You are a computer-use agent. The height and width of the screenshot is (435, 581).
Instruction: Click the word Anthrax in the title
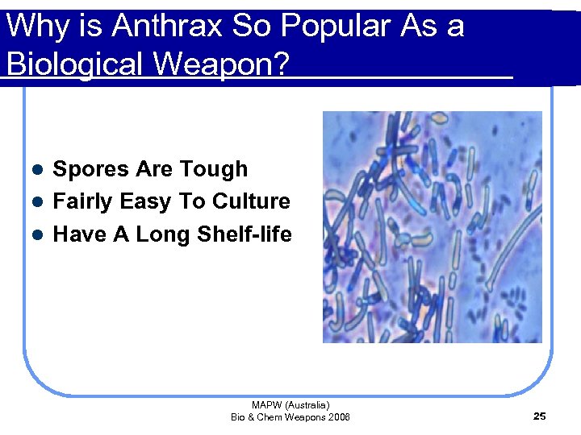coord(167,27)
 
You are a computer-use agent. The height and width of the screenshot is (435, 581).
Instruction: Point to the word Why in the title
coord(32,27)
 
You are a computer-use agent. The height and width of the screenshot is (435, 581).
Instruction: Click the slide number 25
coord(540,416)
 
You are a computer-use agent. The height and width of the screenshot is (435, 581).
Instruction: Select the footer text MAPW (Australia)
coord(290,405)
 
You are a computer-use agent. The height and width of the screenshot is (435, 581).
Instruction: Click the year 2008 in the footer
coord(339,416)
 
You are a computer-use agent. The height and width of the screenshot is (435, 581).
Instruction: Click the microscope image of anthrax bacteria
coord(432,226)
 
